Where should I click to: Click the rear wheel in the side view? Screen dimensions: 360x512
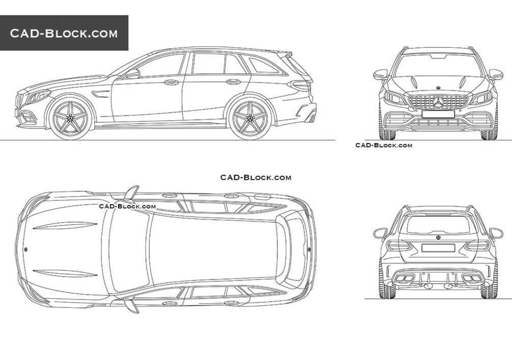249,119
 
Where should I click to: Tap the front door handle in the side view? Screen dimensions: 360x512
172,82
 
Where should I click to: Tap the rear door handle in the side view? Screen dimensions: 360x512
233,81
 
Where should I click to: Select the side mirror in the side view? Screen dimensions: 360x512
133,74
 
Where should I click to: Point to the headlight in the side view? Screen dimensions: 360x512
38,96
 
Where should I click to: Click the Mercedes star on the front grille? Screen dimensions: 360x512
438,102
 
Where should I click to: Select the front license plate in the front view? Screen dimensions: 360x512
438,114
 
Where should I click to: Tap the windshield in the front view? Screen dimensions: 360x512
438,65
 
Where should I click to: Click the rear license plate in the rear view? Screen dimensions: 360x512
438,248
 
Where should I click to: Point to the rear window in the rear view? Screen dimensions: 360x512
438,224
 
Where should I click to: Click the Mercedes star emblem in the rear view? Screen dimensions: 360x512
438,238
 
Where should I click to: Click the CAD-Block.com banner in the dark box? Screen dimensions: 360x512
64,34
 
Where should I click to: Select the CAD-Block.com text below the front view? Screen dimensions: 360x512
384,145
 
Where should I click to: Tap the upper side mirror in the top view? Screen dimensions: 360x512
132,192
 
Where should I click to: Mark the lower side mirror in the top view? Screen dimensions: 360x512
131,306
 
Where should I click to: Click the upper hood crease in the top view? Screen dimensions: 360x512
66,226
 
